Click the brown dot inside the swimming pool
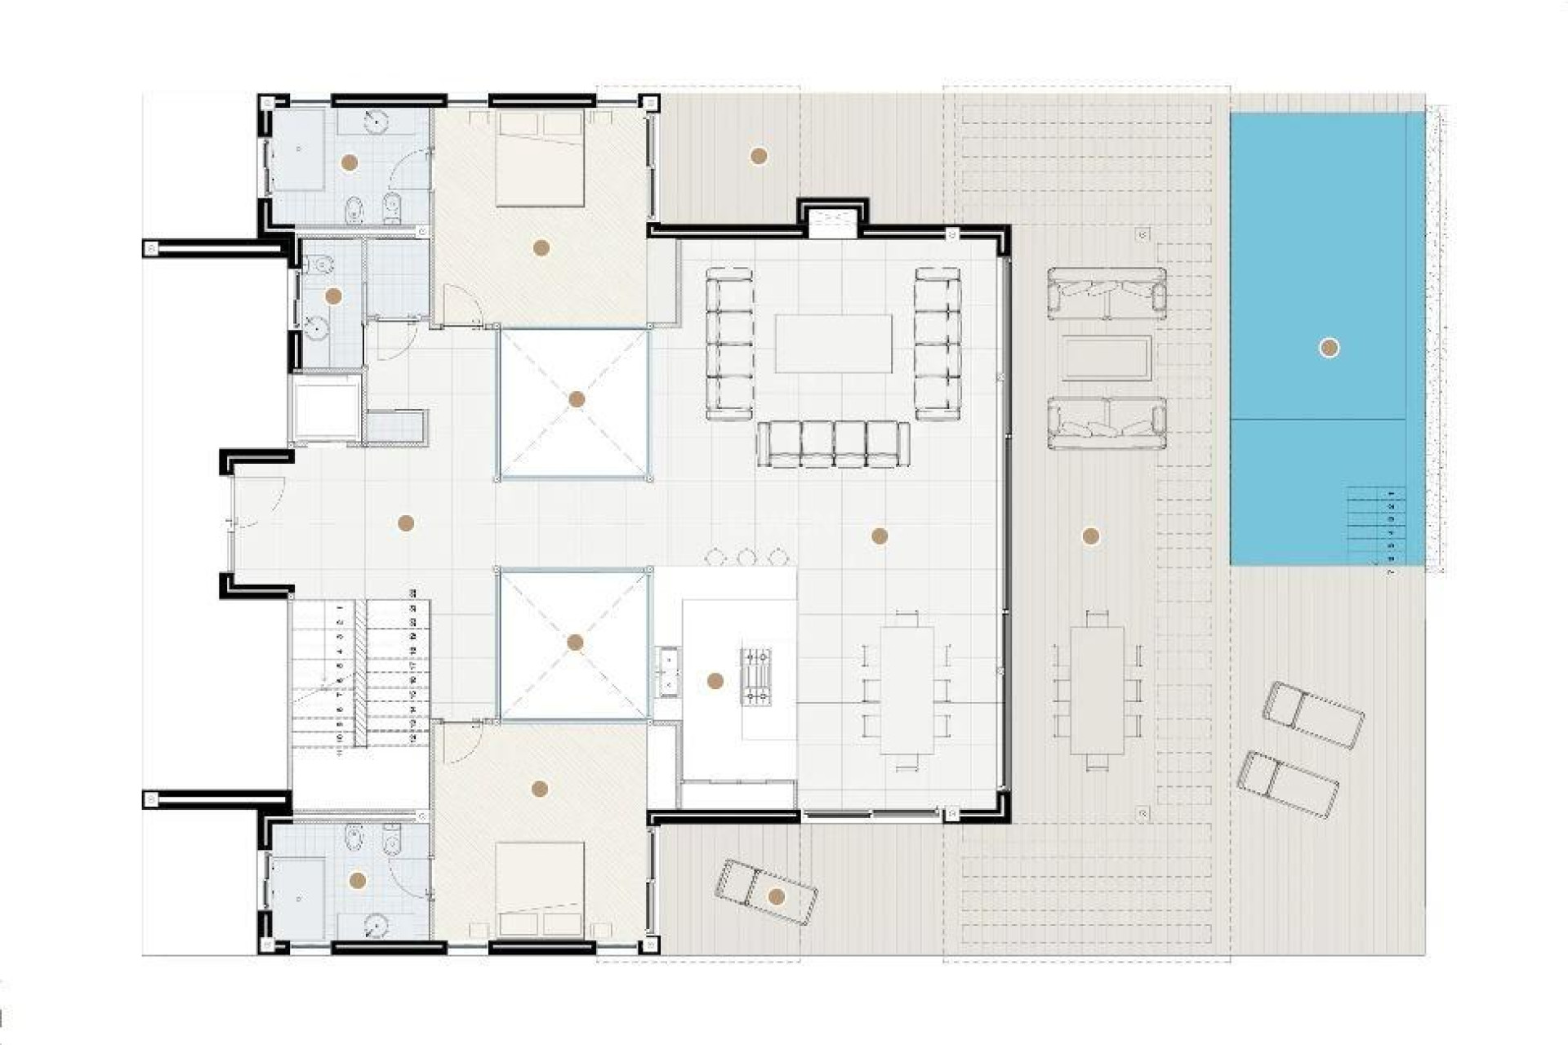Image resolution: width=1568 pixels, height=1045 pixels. [x=1329, y=348]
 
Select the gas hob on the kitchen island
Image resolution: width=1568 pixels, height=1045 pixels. [x=755, y=675]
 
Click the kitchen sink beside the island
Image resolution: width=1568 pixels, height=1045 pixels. [x=668, y=671]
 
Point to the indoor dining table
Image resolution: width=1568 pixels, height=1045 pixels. [x=906, y=690]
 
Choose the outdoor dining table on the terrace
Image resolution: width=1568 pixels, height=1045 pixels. [x=1097, y=690]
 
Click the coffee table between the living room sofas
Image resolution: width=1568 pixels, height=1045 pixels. [x=833, y=343]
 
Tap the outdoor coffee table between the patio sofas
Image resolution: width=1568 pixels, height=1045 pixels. [x=1107, y=358]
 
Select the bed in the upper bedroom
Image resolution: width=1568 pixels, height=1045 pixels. [x=540, y=159]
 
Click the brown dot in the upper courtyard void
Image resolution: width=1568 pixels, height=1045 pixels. [x=577, y=399]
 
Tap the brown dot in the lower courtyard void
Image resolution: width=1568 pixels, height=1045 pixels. [x=575, y=643]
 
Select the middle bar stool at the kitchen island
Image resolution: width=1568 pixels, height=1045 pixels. [x=746, y=557]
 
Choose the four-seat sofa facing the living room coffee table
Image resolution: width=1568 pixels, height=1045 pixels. [x=832, y=444]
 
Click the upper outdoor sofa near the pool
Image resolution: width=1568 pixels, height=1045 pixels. [x=1107, y=291]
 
